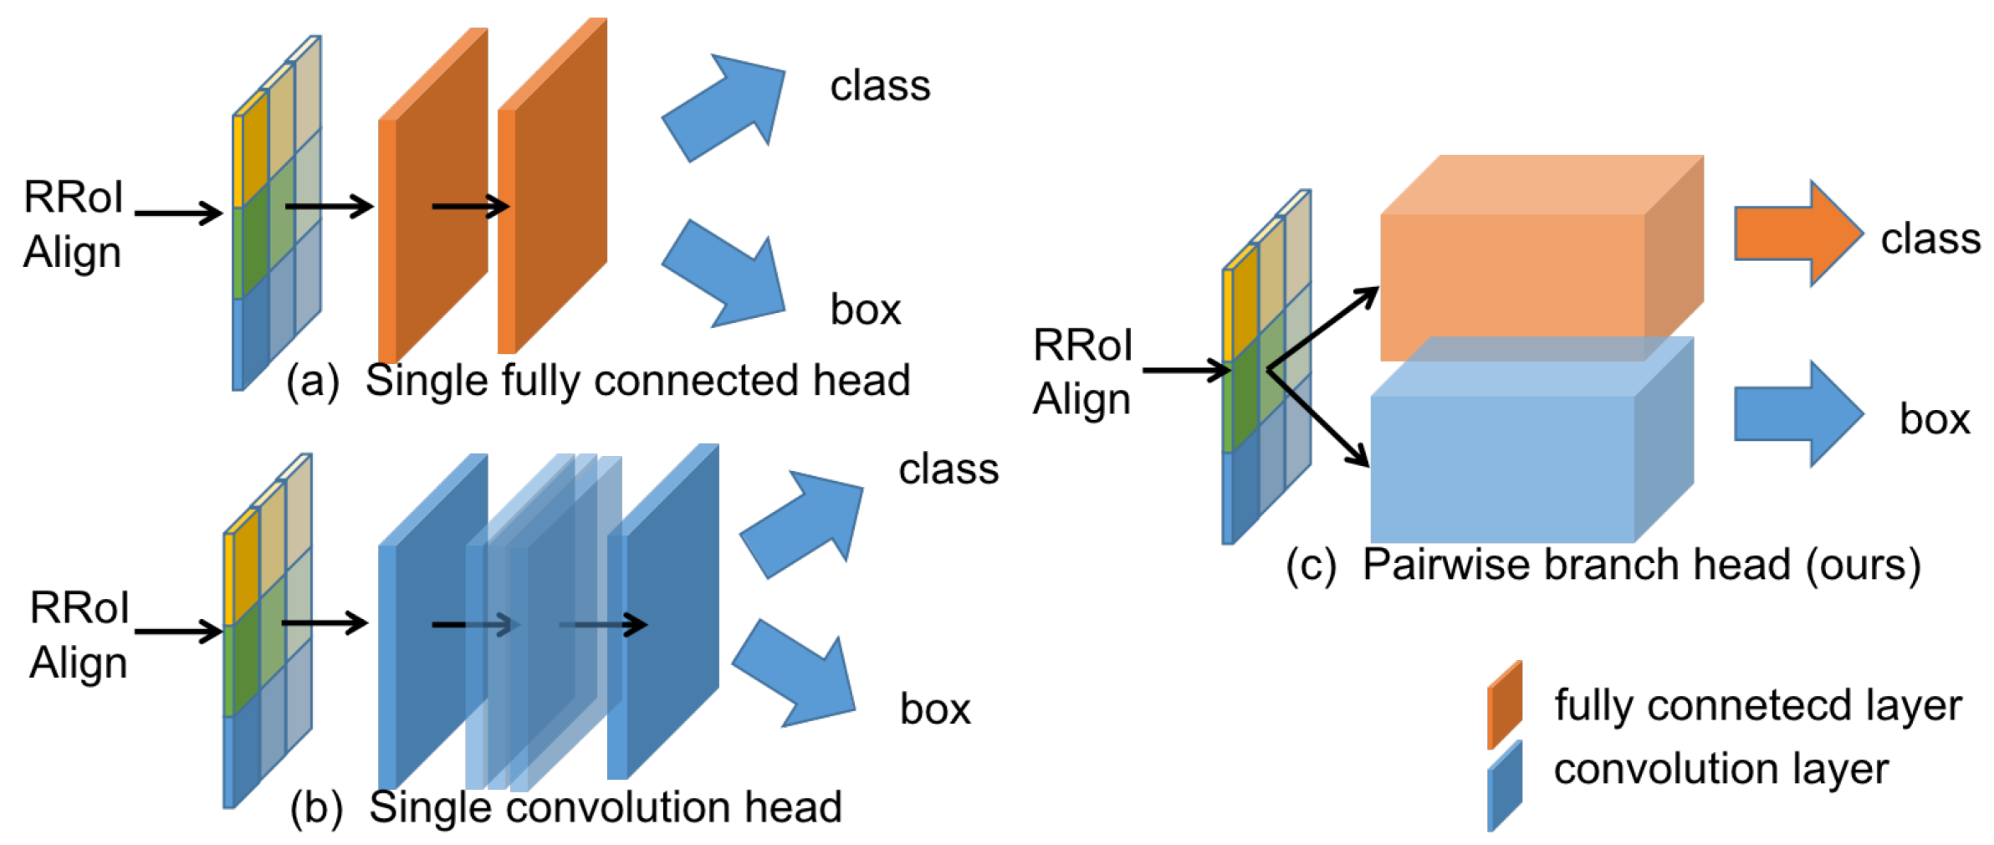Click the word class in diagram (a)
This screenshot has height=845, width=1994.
coord(879,86)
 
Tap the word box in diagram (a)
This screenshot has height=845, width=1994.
coord(865,310)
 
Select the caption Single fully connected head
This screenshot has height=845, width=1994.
coord(637,381)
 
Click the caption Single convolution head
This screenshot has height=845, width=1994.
coord(605,807)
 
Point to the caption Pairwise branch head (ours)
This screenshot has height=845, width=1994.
coord(1640,565)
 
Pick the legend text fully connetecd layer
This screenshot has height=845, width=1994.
coord(1757,705)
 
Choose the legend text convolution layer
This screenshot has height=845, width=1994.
coord(1720,769)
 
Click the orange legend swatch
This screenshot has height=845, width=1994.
coord(1504,705)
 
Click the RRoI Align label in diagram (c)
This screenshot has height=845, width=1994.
coord(1081,372)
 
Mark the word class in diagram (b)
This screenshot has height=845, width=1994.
coord(948,469)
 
